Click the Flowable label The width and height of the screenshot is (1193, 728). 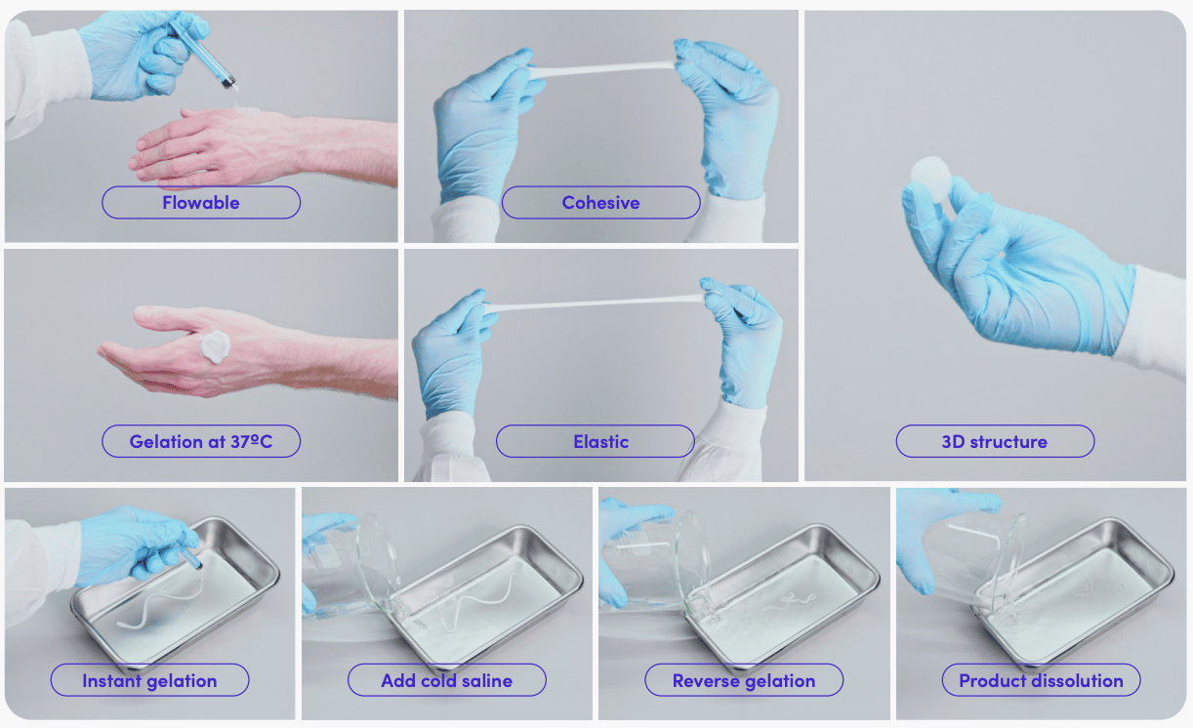(201, 202)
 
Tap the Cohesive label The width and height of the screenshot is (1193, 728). (600, 202)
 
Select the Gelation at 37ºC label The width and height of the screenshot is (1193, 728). (201, 441)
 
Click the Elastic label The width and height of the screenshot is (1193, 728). (595, 441)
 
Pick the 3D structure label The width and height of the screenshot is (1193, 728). (995, 441)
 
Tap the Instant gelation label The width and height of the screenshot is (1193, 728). (149, 680)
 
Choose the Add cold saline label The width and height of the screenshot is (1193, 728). (447, 680)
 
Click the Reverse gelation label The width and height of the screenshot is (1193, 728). (744, 680)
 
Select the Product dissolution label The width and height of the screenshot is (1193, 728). (1042, 680)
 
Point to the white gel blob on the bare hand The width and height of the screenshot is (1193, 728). (215, 346)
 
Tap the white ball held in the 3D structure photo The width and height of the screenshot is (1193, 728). (930, 179)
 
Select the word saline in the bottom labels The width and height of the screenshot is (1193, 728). (485, 680)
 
